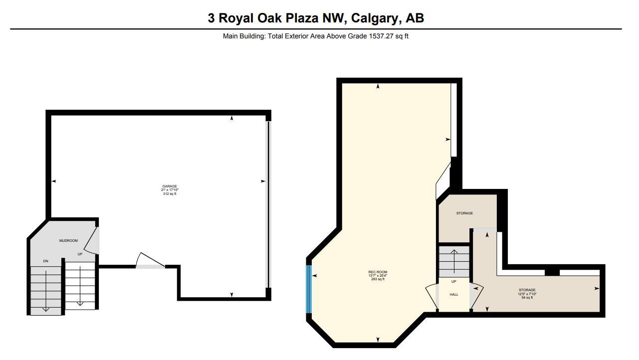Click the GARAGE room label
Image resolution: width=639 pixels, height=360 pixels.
pos(170,186)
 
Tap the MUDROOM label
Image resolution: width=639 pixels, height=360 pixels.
pos(68,241)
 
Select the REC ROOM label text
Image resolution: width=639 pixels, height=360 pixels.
pos(378,272)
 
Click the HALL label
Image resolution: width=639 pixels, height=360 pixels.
pos(454,295)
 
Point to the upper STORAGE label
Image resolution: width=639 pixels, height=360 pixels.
pos(464,213)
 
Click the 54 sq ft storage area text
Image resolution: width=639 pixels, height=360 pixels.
pos(527,298)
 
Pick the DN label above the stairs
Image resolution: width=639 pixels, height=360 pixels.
pos(45,261)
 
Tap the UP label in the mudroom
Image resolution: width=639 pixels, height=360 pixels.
pos(80,254)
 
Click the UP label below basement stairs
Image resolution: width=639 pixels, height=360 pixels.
pos(454,282)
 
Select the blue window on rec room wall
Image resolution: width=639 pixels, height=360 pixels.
pos(309,289)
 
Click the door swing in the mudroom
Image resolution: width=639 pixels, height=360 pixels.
pos(92,241)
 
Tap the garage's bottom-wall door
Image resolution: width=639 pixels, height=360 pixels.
pos(150,261)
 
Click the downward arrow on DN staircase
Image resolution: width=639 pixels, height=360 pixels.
pos(45,291)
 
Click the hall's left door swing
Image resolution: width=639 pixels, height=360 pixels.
pos(431,297)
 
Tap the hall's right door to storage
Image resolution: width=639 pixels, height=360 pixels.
pos(477,297)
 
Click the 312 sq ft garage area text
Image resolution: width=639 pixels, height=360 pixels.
pos(170,194)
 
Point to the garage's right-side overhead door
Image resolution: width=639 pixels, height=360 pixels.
pos(268,204)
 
